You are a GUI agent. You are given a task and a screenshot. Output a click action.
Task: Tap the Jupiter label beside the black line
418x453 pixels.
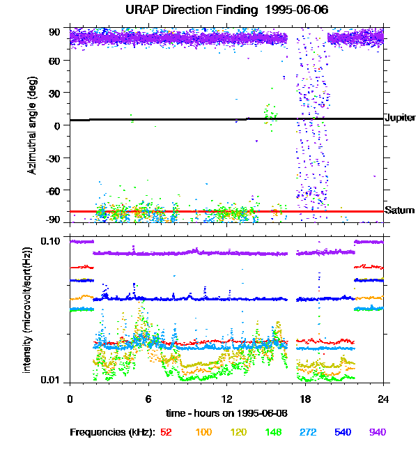click(400, 118)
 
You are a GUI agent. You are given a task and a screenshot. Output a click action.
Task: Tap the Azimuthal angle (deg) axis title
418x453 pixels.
click(33, 125)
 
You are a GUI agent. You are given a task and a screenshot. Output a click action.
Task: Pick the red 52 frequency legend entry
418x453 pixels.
click(166, 432)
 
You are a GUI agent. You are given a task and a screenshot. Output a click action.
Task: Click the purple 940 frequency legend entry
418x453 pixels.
click(377, 432)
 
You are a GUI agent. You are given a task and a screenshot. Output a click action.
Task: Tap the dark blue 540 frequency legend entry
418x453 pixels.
click(341, 432)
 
